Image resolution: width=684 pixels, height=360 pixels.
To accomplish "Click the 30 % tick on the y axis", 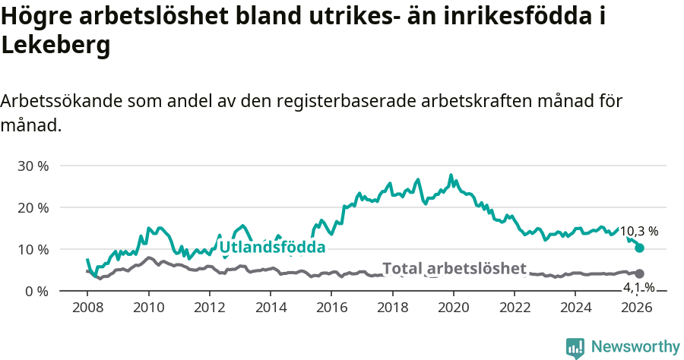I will point(33,166).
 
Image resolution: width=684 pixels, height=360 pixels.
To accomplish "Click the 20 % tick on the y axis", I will point(33,207).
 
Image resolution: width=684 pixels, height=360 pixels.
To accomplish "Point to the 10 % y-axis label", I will point(33,249).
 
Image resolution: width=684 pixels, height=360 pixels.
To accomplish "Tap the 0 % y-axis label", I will point(36,291).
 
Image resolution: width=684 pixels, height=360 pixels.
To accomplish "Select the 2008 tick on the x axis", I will point(87,308).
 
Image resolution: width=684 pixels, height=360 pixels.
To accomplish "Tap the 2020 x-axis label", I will point(454,308).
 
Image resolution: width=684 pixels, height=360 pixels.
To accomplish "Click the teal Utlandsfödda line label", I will point(272,247).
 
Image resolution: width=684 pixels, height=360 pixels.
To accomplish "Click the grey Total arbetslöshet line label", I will point(454,268).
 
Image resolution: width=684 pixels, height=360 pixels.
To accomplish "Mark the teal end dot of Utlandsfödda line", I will point(639,248).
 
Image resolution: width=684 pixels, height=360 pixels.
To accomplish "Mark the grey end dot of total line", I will point(639,273).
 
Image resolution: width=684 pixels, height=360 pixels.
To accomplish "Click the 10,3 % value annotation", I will point(638,231).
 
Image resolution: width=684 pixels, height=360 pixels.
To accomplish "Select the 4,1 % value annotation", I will point(639,287).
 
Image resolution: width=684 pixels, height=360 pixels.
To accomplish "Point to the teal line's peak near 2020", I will point(451,175).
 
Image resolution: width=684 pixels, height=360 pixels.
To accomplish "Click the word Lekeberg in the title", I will point(56,45).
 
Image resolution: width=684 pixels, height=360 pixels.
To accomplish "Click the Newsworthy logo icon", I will point(575,347).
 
